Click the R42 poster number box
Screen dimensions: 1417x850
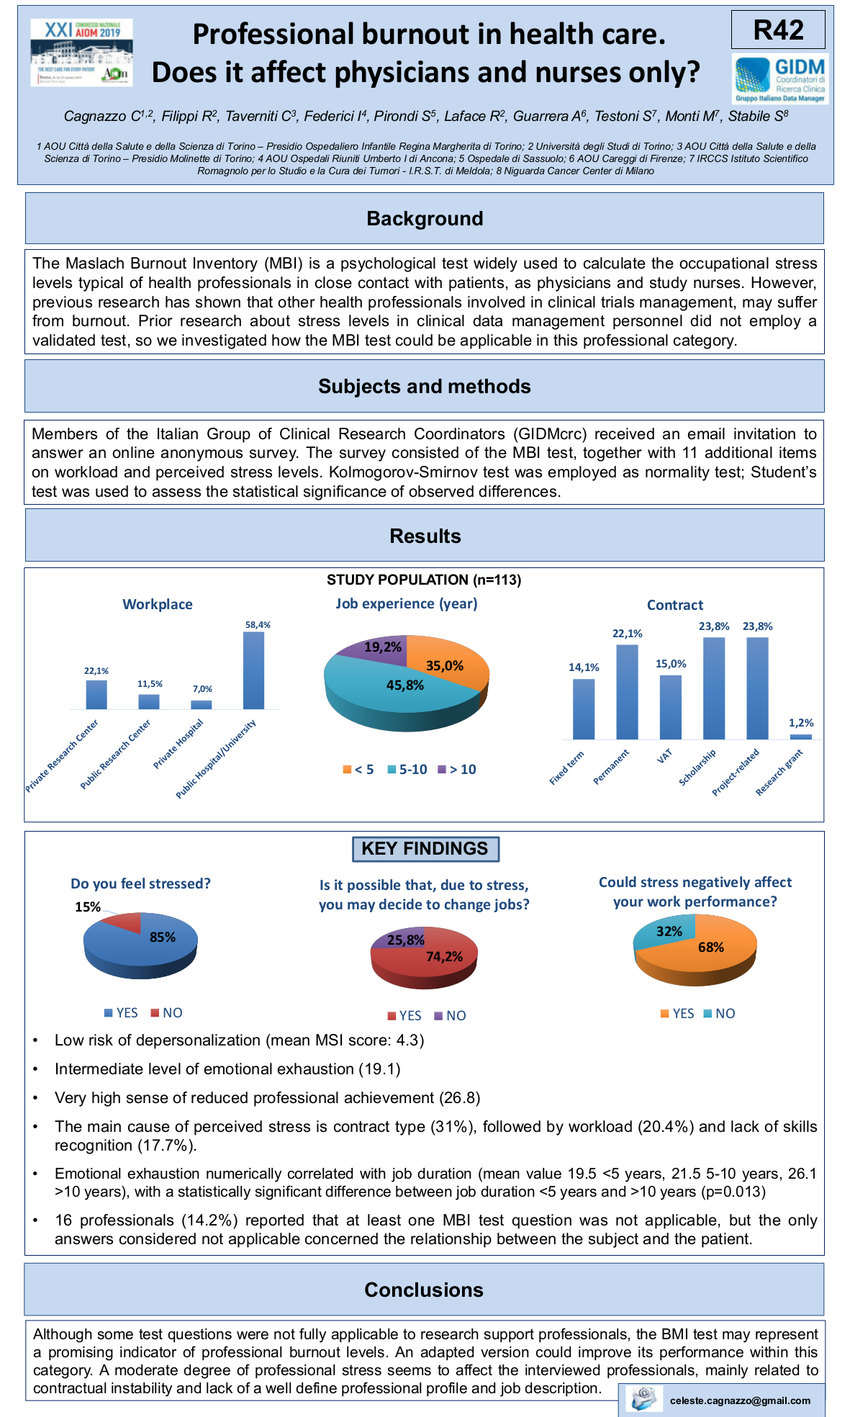(778, 30)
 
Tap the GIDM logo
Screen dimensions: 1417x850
(780, 78)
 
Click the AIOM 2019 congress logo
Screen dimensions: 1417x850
(81, 53)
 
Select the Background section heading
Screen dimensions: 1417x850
(425, 218)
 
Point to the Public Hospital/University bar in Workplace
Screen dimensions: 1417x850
(253, 670)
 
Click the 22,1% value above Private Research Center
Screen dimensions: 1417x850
(96, 671)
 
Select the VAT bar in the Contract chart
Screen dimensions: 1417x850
(670, 707)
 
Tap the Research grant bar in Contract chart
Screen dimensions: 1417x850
(800, 737)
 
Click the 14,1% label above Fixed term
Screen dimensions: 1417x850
(584, 667)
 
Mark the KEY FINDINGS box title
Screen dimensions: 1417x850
(425, 849)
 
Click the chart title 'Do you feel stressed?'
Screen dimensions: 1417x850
(140, 883)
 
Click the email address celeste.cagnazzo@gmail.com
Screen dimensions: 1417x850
(739, 1400)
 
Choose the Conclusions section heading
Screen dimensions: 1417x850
(424, 1290)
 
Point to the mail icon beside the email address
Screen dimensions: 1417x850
(643, 1398)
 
